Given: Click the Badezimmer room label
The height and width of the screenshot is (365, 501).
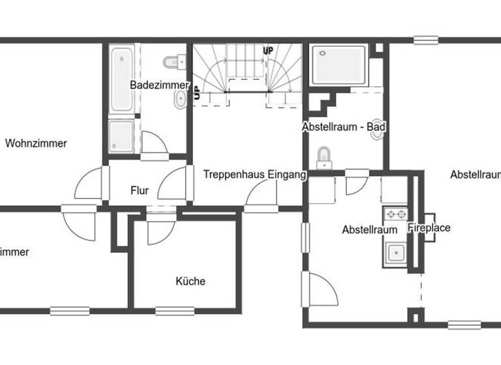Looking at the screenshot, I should [159, 85].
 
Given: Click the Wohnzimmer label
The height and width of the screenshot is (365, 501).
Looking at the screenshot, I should [36, 143].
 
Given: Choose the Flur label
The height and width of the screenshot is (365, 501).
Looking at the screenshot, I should [140, 191].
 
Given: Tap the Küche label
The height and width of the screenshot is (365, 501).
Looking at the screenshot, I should [190, 281].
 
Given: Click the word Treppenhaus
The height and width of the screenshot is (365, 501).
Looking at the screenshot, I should [232, 175].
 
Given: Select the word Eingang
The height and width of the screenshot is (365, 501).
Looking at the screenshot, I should [285, 175].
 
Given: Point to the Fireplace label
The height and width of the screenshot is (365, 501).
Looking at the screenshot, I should [429, 228].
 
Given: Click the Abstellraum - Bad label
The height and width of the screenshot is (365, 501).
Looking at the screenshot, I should [344, 127].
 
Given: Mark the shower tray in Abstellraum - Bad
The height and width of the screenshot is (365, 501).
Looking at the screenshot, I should [339, 65].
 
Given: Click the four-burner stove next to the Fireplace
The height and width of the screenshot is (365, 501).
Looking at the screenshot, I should [394, 213].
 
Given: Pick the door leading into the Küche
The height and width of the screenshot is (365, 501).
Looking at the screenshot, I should [159, 228].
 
